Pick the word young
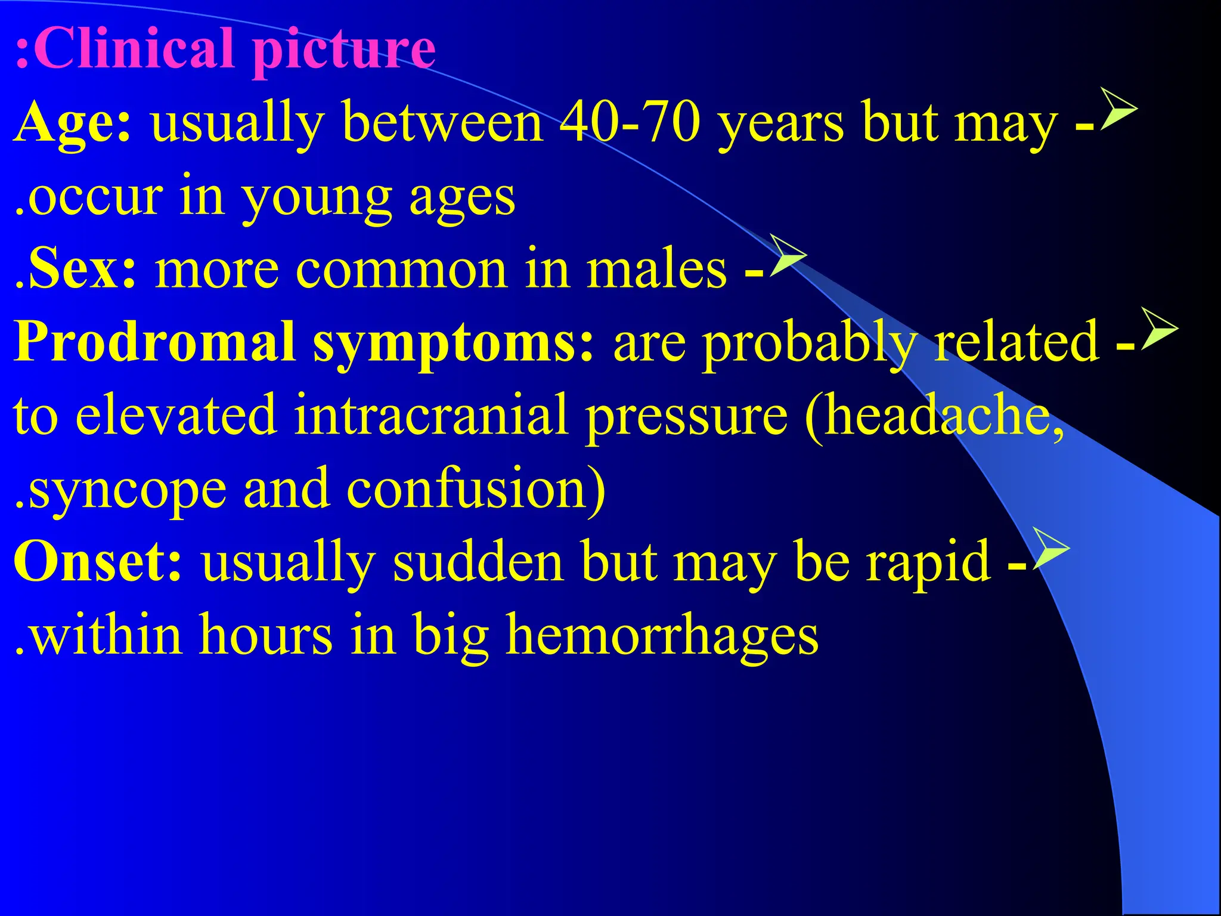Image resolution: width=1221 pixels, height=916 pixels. tap(316, 199)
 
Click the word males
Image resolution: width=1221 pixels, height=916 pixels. tap(656, 269)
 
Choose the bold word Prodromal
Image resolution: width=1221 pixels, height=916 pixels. tap(155, 342)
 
